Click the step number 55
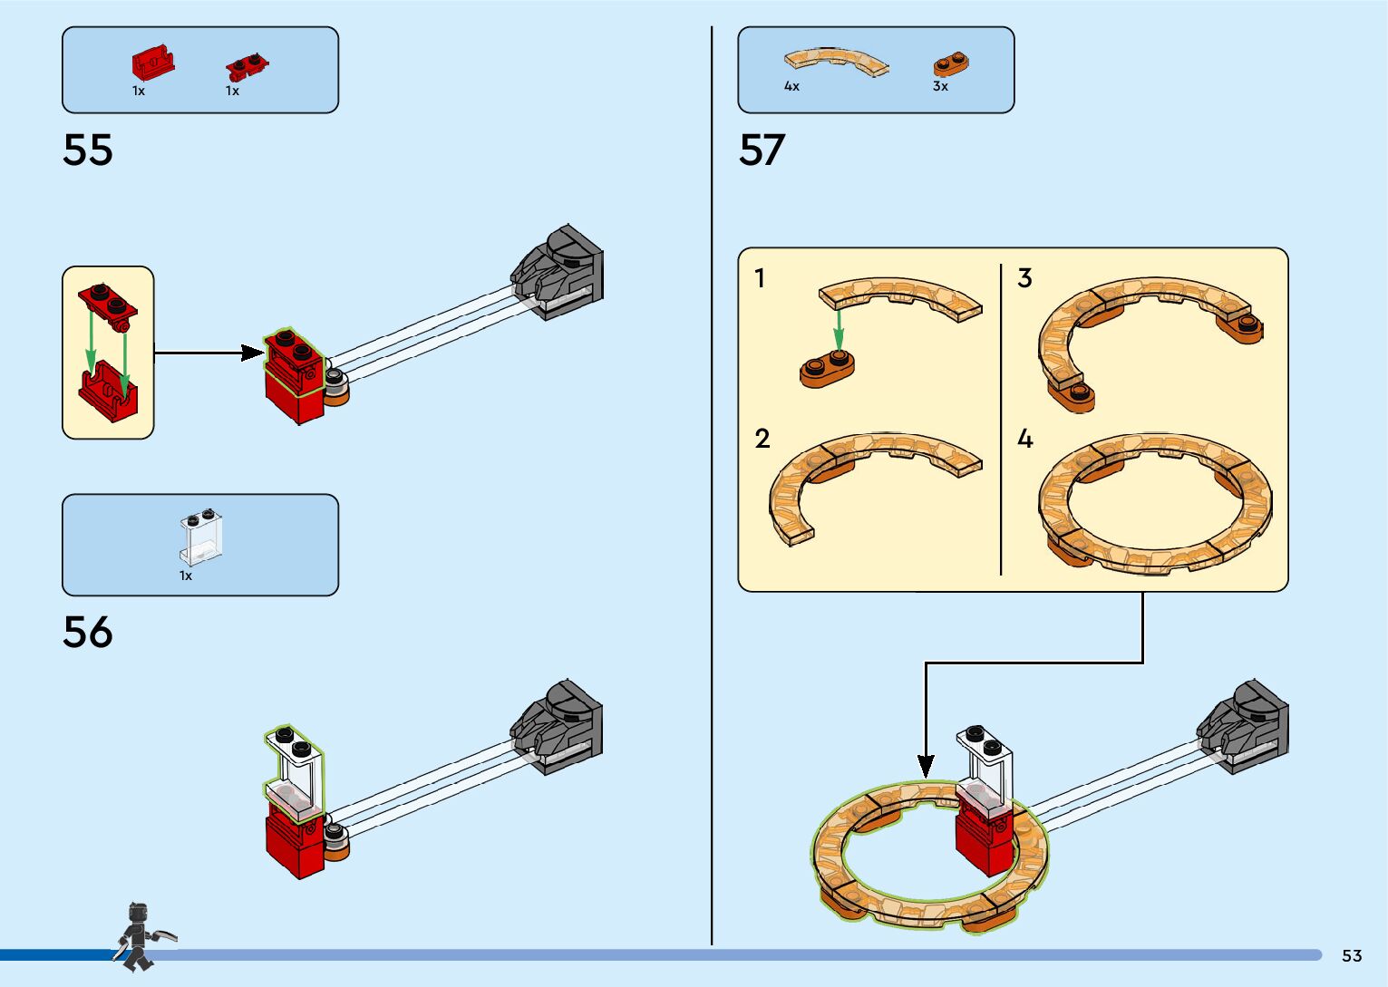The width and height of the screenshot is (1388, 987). pos(88,150)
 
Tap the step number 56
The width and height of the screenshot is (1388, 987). pos(88,633)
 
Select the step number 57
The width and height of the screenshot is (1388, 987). pos(762,150)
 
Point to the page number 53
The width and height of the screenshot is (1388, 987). pos(1352,955)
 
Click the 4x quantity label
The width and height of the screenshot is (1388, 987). pos(791,86)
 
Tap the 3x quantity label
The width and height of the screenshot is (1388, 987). pos(940,86)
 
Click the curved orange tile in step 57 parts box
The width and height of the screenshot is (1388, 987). pos(836,62)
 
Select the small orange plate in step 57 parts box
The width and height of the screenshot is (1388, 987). pos(951,64)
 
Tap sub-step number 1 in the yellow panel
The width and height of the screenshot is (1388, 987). pos(760,278)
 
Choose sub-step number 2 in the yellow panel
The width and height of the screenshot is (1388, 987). pos(762,439)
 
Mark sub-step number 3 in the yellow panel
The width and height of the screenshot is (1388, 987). pos(1024,278)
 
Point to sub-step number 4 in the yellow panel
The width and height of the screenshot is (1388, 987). pos(1024,439)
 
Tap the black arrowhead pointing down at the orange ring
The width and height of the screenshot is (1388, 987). pos(926,766)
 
